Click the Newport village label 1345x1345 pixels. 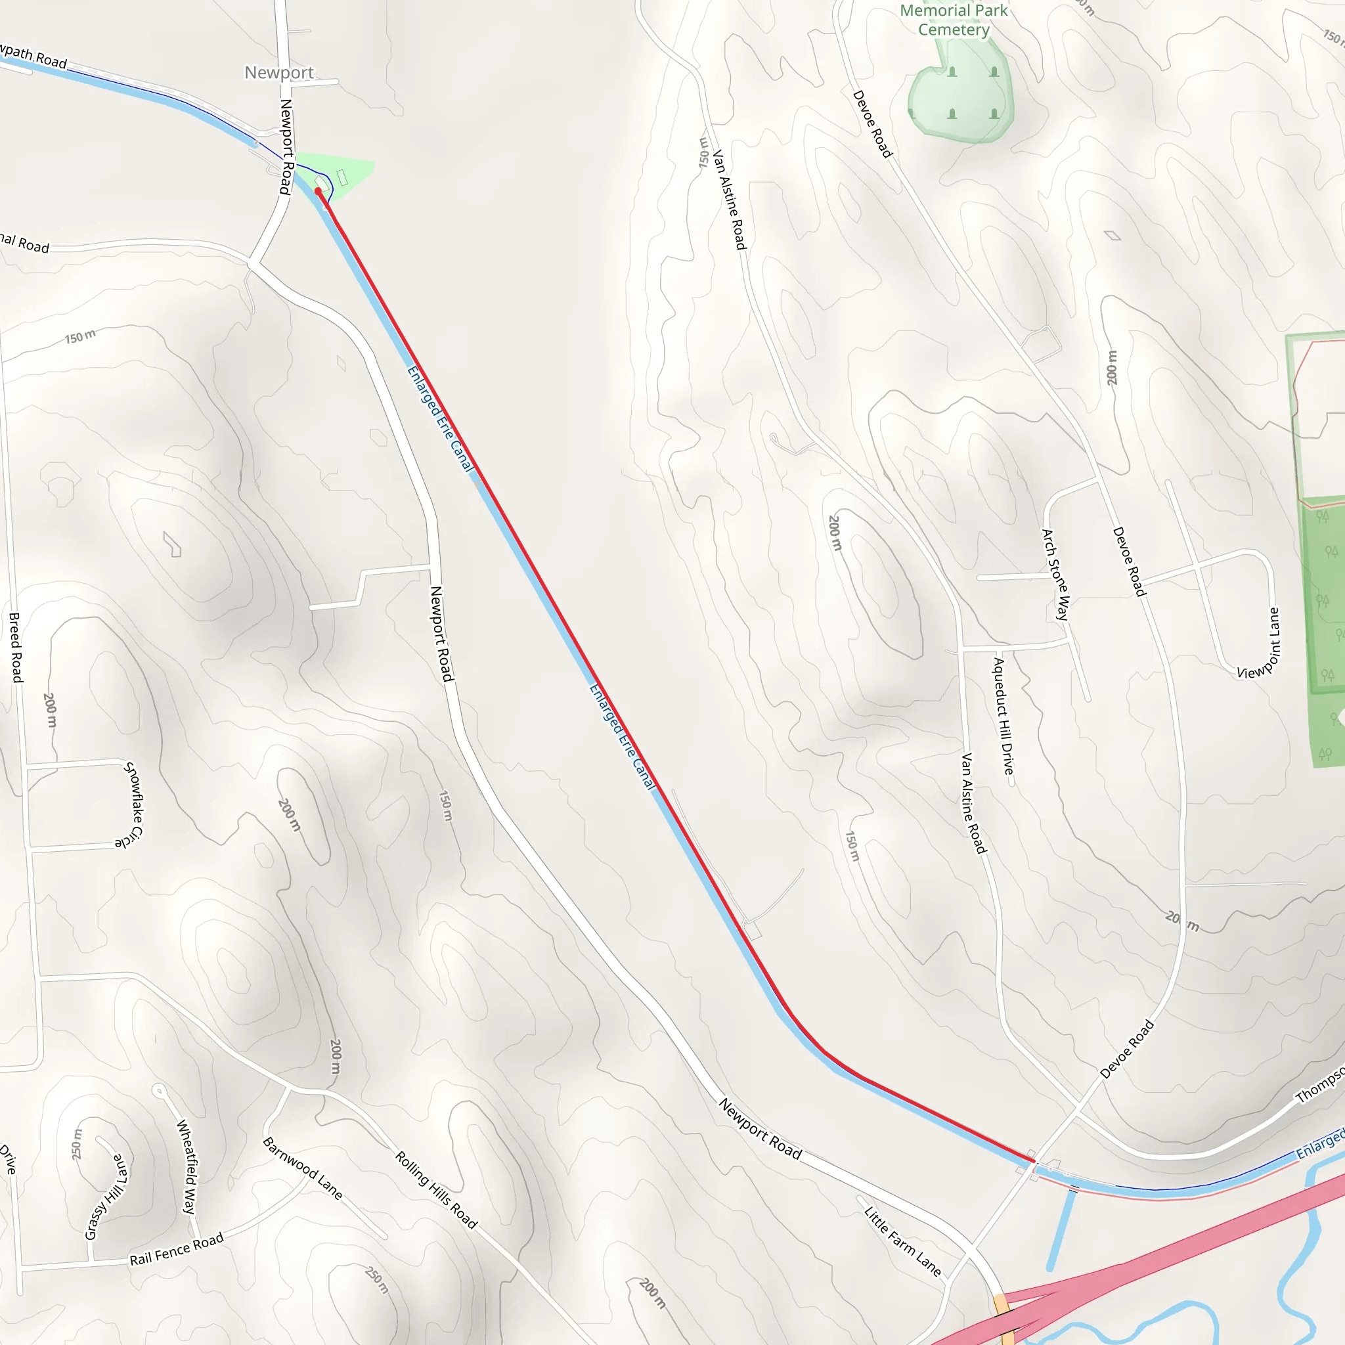coord(278,72)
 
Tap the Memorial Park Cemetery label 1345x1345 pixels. coord(953,20)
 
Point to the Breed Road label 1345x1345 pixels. coord(15,648)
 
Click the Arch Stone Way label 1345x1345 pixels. coord(1055,575)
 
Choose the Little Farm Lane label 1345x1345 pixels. coord(902,1241)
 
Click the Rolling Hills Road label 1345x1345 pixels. coord(437,1190)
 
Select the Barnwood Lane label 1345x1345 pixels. coord(302,1168)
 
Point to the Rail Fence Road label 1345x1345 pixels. coord(177,1249)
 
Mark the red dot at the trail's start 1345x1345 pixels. coord(318,190)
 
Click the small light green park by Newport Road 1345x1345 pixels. coord(348,174)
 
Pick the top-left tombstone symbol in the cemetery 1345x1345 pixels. coord(952,72)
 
